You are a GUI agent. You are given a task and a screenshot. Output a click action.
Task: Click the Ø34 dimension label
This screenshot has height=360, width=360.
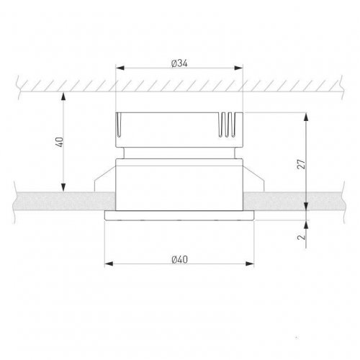pyautogui.click(x=179, y=63)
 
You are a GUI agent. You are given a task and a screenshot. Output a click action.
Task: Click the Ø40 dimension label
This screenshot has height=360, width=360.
pyautogui.click(x=180, y=259)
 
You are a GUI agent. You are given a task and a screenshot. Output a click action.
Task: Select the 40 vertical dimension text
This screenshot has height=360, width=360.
pyautogui.click(x=59, y=142)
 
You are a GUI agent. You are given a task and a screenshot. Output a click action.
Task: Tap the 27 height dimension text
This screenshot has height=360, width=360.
pyautogui.click(x=302, y=164)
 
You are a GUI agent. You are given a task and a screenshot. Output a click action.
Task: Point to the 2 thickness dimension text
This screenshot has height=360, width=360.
pyautogui.click(x=302, y=237)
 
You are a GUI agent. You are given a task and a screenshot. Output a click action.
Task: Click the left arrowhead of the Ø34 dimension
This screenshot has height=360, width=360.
pyautogui.click(x=120, y=68)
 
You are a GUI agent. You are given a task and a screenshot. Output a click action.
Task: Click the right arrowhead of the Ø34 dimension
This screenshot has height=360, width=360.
pyautogui.click(x=239, y=68)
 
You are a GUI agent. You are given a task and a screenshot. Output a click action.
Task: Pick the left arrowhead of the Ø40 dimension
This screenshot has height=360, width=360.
pyautogui.click(x=109, y=264)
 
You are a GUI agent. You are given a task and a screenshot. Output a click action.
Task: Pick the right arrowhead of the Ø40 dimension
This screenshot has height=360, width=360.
pyautogui.click(x=250, y=264)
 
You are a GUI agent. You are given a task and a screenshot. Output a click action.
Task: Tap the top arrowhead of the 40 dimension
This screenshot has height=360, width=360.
pyautogui.click(x=63, y=96)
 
